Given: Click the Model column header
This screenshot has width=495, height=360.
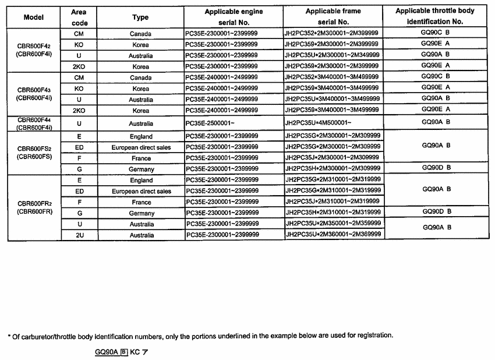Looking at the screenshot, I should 34,17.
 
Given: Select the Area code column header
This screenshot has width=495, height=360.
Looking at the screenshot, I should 79,17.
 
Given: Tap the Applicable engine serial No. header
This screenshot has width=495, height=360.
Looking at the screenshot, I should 234,17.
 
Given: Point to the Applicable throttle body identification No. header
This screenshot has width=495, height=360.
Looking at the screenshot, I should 435,16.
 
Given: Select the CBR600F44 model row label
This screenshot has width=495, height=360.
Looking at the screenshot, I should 34,123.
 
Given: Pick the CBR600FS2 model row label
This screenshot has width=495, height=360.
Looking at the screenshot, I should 34,151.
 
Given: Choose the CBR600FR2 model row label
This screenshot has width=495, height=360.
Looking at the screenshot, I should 34,207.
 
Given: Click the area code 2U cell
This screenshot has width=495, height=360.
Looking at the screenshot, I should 79,235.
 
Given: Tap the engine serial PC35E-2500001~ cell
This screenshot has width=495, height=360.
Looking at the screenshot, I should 211,123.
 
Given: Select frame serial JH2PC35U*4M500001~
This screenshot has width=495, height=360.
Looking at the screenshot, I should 318,123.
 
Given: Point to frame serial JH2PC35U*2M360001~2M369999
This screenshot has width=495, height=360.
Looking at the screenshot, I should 333,234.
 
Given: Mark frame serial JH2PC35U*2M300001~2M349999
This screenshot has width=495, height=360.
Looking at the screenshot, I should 332,55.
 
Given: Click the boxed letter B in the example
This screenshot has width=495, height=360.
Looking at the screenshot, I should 123,352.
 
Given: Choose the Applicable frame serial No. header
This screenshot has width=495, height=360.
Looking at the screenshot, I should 333,17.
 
